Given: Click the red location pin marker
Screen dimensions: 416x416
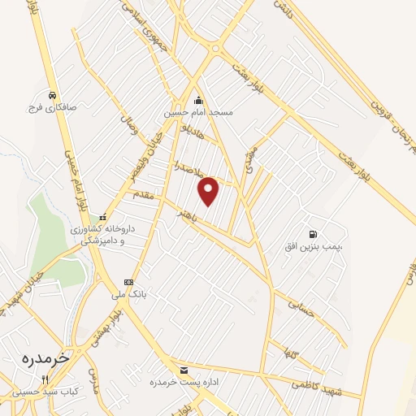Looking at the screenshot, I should pos(209,191).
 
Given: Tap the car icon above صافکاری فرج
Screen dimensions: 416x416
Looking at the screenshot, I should pos(52,94).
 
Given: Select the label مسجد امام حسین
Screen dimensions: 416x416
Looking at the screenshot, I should pos(200,112).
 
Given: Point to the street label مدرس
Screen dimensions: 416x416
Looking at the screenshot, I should pos(92,379).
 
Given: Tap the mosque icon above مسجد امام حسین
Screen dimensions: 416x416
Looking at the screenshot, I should pos(200,100).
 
